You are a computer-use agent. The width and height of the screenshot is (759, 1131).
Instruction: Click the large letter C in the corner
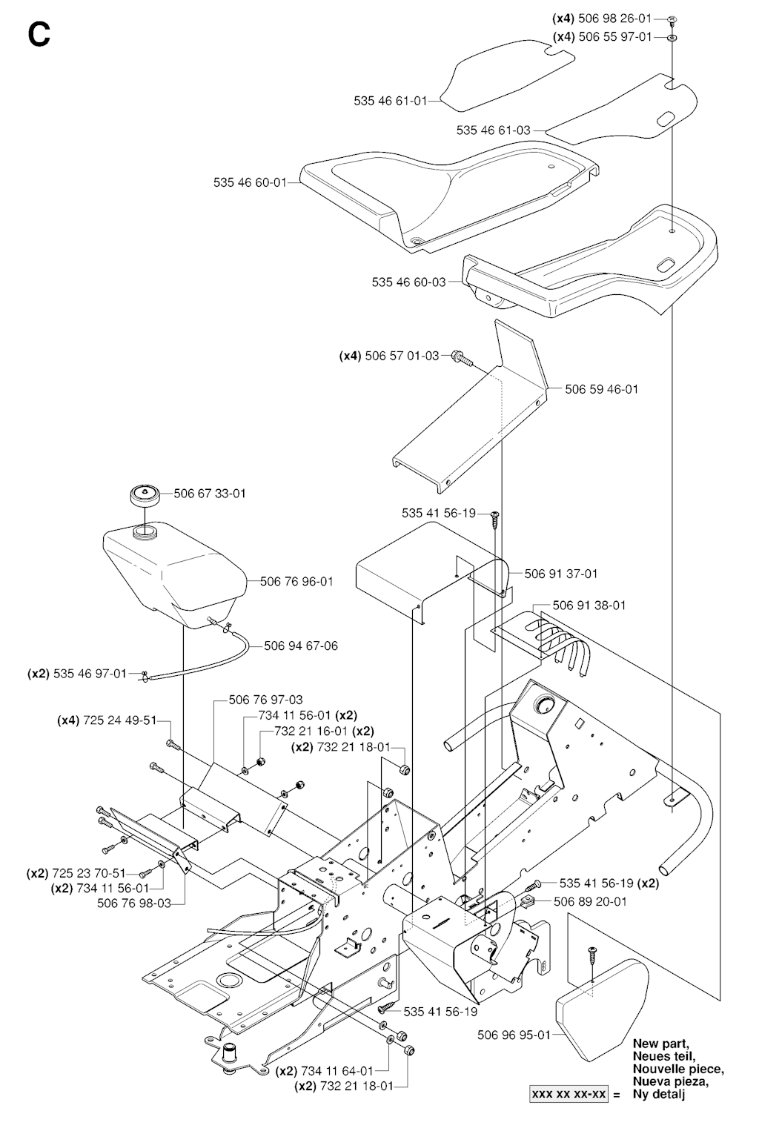tap(39, 33)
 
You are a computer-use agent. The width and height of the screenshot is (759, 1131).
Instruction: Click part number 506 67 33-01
tap(210, 494)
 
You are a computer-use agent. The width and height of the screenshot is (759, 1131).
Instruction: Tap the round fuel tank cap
tap(144, 495)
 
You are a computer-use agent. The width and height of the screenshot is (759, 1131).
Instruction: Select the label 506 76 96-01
tap(296, 582)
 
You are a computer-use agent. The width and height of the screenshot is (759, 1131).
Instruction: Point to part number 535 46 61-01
tap(391, 101)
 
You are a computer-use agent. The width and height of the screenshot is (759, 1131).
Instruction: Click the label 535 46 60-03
tap(408, 282)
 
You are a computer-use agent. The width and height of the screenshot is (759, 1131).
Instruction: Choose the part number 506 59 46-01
tap(601, 389)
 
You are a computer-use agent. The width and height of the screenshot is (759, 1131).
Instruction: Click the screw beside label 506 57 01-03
tap(460, 358)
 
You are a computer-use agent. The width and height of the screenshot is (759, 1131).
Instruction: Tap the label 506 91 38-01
tap(589, 606)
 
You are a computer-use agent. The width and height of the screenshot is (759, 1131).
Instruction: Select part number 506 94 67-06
tap(301, 646)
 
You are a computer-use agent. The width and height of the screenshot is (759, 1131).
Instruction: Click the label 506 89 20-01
tap(590, 902)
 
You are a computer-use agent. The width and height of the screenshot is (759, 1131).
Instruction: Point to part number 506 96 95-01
tap(514, 1035)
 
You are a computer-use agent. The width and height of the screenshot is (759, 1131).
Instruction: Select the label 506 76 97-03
tap(265, 700)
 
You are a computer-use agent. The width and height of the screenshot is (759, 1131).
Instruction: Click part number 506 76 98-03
tap(134, 903)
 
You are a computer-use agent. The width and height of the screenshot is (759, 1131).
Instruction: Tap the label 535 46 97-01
tap(90, 674)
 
